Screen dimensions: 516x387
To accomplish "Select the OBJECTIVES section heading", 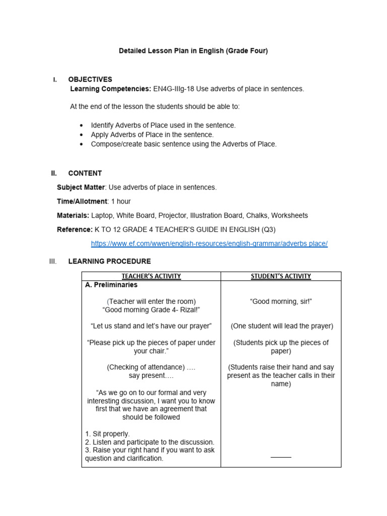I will coord(90,79).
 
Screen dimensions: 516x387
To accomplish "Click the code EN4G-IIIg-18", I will coord(173,89).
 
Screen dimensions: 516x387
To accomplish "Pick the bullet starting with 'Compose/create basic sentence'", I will coord(183,144).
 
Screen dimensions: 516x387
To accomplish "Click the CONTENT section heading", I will coord(85,173).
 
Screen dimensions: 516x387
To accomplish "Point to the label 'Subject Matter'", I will coord(81,187).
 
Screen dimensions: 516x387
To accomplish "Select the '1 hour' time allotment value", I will coord(120,201).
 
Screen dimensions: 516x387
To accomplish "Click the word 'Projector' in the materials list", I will coord(172,215).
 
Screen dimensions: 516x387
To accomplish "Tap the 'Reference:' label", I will coord(75,229).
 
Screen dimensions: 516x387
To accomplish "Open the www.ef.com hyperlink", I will coord(209,243).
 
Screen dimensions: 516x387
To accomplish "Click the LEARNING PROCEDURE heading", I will coord(109,261).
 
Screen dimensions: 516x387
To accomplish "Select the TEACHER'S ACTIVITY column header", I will coord(151,276).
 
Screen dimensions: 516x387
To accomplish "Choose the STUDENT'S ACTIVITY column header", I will coord(281,276).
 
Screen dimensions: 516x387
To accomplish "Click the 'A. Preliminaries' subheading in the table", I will coord(111,285).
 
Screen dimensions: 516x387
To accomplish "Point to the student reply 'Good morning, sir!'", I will coord(281,301).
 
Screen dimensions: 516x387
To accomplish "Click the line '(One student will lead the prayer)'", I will coord(282,326).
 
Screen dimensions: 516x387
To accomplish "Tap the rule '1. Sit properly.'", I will coord(107,433).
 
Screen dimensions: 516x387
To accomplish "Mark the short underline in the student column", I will coord(281,457).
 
